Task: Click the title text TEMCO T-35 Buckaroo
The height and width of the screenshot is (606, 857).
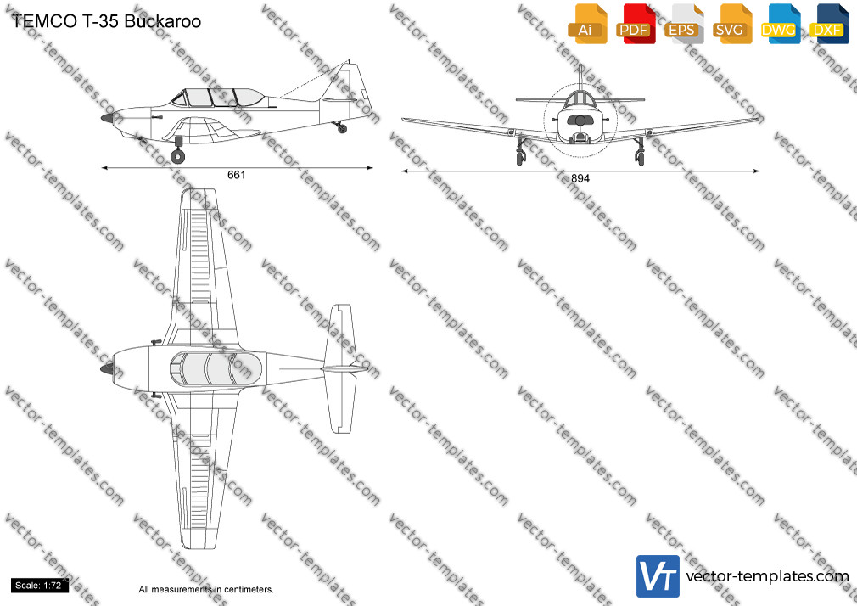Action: tap(106, 21)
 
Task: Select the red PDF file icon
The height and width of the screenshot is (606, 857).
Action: tap(636, 24)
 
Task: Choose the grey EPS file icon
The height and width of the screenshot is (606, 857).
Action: tap(683, 24)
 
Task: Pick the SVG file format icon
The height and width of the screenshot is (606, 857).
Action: tap(731, 24)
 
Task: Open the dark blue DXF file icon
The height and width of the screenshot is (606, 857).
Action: tap(829, 24)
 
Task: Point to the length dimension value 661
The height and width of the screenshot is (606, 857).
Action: tap(236, 175)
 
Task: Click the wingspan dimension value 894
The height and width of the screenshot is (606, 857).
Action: tap(580, 178)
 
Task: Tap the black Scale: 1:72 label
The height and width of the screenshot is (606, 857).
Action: tap(39, 586)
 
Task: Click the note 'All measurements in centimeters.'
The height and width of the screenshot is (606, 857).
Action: tap(206, 590)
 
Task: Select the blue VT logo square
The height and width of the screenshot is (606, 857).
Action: tap(658, 576)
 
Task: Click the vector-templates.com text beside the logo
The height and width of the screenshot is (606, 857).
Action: tap(767, 576)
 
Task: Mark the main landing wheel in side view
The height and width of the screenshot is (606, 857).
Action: tap(177, 156)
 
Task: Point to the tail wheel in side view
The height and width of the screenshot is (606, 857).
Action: tap(342, 129)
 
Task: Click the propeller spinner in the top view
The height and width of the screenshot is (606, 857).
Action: tap(107, 369)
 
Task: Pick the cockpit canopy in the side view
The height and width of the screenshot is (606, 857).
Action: tap(218, 98)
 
